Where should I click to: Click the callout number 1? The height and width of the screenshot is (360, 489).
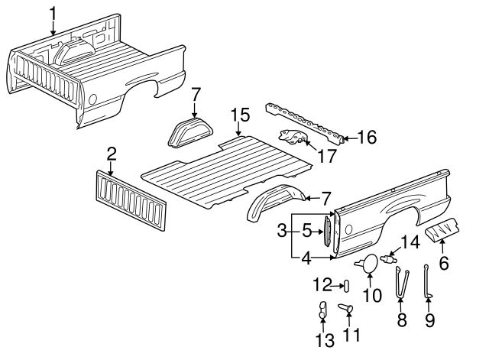[x=53, y=13]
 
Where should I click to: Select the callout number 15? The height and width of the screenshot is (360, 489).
[x=240, y=115]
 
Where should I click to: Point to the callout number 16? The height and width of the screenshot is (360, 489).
[x=367, y=138]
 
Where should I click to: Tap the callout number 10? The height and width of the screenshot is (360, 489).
[x=374, y=296]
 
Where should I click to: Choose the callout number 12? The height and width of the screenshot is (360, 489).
[x=321, y=285]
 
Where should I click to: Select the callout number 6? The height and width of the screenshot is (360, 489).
[x=443, y=264]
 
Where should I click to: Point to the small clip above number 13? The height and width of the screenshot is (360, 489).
[x=322, y=310]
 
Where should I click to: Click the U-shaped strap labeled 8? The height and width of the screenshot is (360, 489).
[x=400, y=284]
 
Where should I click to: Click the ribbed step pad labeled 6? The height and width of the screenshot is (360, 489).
[x=443, y=228]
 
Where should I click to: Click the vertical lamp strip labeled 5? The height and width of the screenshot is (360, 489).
[x=328, y=230]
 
